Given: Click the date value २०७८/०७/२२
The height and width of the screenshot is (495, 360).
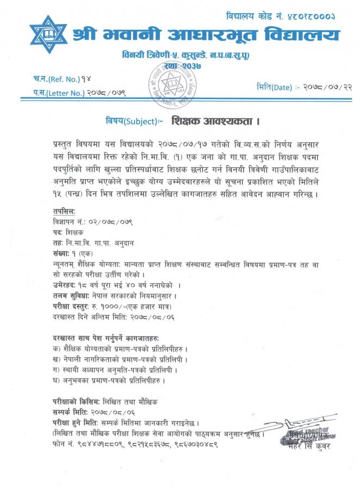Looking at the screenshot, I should point(321,87).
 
